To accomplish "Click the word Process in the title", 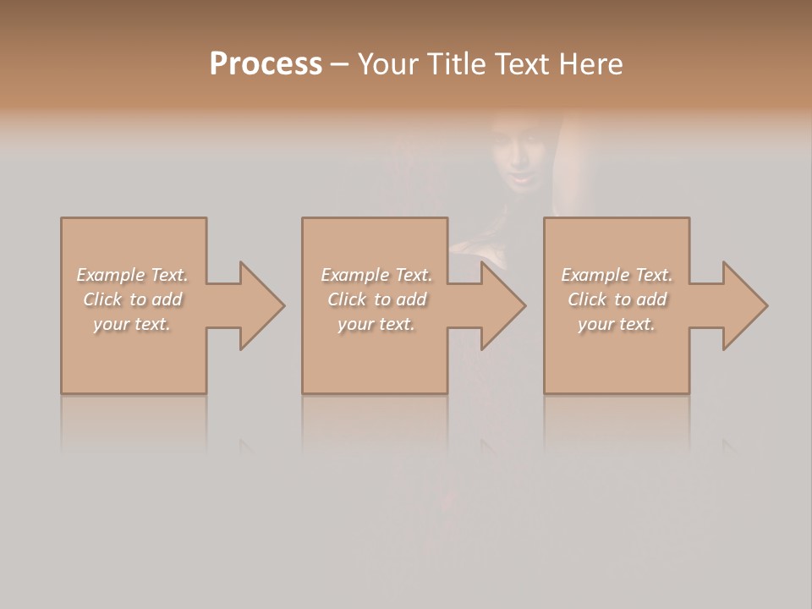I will [x=266, y=64].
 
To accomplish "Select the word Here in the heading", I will [x=591, y=64].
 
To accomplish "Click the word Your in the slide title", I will [x=389, y=64].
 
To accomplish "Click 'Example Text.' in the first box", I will [x=133, y=275].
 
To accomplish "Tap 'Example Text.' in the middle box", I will [x=376, y=275].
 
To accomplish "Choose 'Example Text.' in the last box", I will [x=617, y=275].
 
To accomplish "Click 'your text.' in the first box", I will [x=132, y=324].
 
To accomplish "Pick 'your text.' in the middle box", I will [x=376, y=324].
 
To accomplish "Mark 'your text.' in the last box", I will [x=617, y=324].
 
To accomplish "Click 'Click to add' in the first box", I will [x=133, y=299].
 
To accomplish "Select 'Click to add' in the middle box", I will [x=376, y=299].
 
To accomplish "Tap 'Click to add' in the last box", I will [x=617, y=299].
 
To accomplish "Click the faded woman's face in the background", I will [x=519, y=156].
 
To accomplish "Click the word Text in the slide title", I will [x=521, y=64].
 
